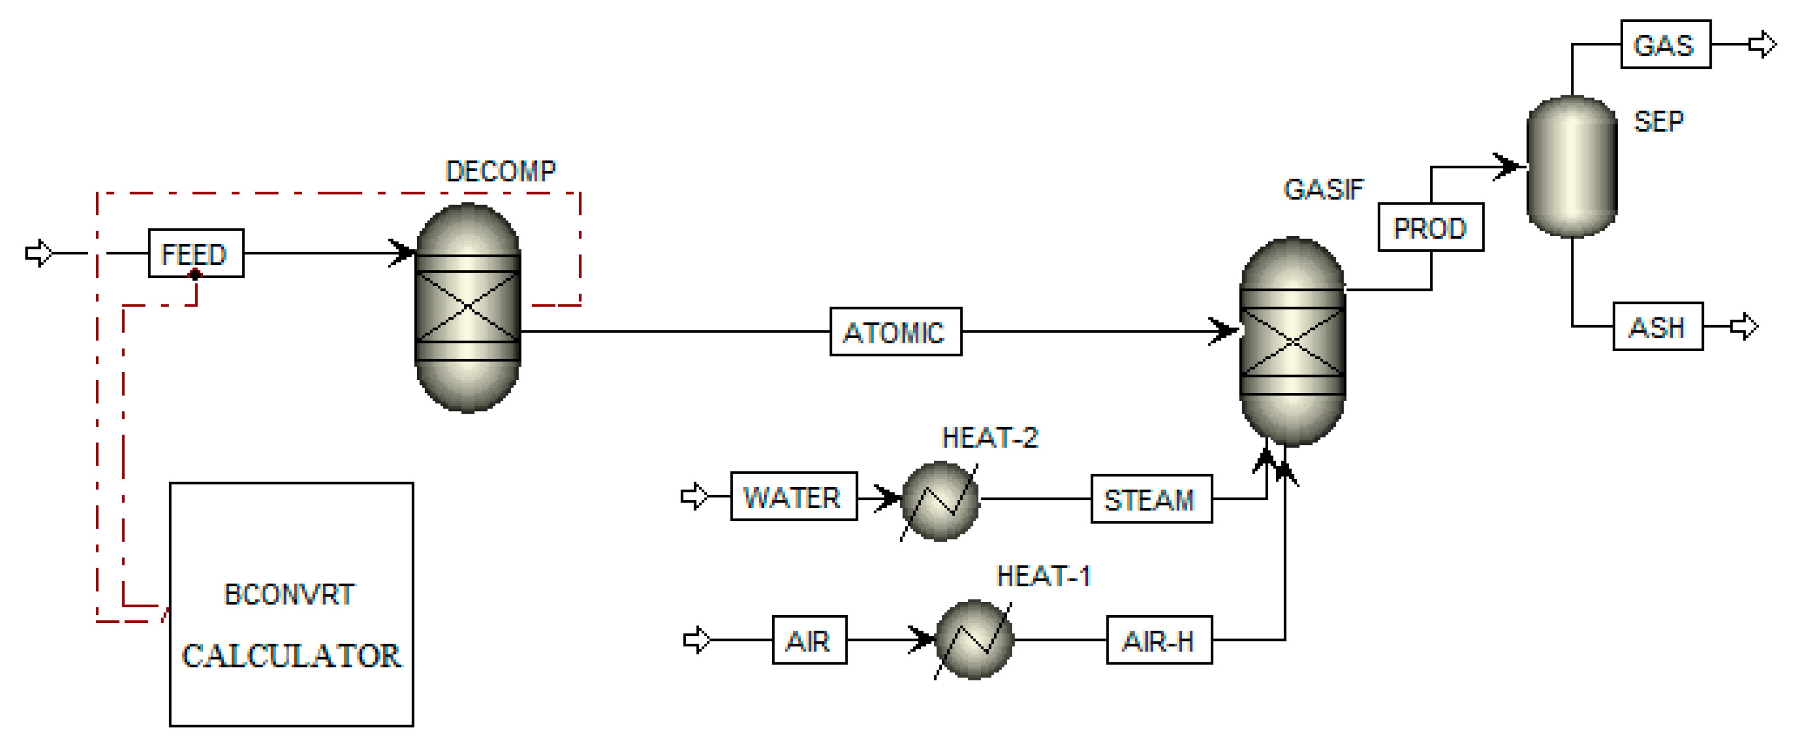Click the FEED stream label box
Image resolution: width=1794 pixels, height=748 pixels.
click(x=196, y=253)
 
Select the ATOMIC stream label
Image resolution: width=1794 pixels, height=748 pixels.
click(x=895, y=331)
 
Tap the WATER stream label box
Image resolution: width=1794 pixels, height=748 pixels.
click(x=793, y=497)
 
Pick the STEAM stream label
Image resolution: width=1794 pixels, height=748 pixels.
click(x=1150, y=499)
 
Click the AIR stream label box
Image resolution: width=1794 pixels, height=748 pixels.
click(x=809, y=639)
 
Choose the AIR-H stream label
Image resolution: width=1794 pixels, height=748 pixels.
click(x=1159, y=639)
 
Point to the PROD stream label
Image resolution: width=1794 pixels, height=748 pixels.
click(x=1430, y=227)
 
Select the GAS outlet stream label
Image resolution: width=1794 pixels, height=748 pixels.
click(x=1665, y=45)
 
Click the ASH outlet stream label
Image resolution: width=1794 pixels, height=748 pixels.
click(x=1658, y=326)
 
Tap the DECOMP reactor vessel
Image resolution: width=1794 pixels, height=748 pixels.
click(x=467, y=308)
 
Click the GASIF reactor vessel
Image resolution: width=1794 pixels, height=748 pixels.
click(x=1292, y=341)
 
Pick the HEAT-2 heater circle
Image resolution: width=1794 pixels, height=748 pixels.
click(x=940, y=500)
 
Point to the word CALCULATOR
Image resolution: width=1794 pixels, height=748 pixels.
click(x=291, y=656)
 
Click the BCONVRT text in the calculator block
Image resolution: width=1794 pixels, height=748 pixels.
click(x=289, y=594)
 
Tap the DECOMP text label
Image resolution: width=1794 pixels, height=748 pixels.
click(x=500, y=171)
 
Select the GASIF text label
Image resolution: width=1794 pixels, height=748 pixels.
click(x=1323, y=189)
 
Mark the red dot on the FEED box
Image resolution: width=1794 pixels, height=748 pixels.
click(x=195, y=275)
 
